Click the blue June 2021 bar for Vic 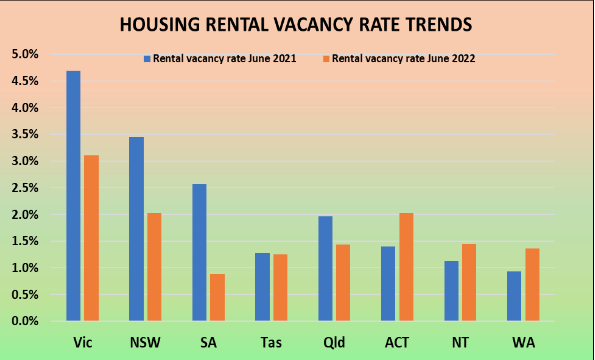73,195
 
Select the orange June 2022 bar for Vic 91,238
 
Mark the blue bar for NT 451,290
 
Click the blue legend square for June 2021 147,59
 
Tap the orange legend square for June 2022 326,59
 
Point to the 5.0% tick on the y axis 24,54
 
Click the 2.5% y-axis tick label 24,188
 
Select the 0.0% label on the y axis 24,321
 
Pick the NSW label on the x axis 145,343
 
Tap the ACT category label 397,343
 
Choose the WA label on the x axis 523,343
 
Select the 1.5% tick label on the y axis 24,241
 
